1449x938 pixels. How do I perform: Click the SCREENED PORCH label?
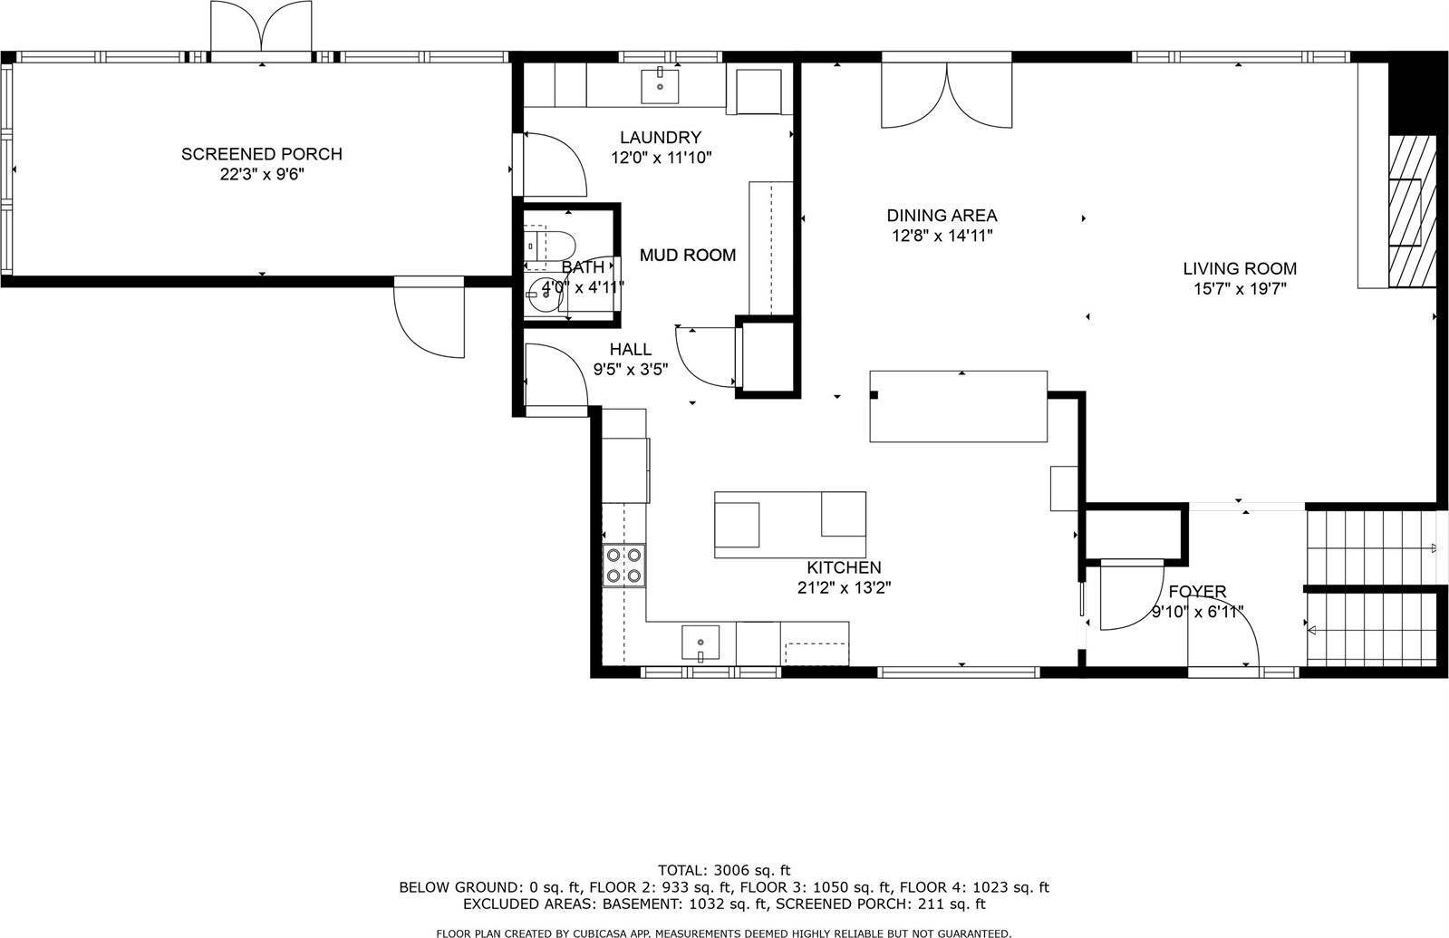point(261,154)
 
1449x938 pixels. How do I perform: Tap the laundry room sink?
point(661,85)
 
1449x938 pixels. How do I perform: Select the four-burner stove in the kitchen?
point(623,565)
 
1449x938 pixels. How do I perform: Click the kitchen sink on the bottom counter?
point(700,643)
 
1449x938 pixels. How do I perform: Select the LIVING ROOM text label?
point(1239,268)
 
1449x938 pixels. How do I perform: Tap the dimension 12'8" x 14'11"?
point(942,236)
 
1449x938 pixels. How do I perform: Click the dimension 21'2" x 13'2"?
point(844,587)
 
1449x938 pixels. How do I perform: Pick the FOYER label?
point(1196,592)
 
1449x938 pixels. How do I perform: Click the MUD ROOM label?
point(688,256)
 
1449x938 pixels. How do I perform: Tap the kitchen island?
point(789,525)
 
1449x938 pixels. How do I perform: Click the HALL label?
point(630,350)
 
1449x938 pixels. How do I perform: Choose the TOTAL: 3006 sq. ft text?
point(723,870)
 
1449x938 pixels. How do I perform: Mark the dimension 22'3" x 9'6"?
point(261,174)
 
